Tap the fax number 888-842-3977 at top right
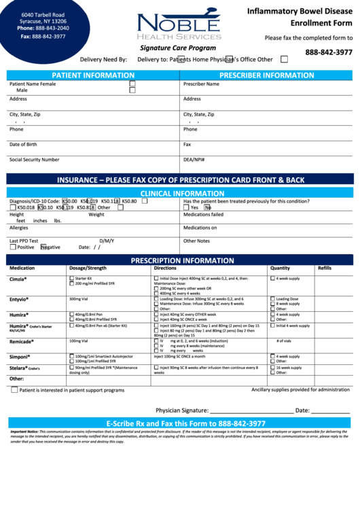pyautogui.click(x=329, y=52)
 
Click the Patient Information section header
pyautogui.click(x=93, y=75)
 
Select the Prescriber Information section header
pyautogui.click(x=266, y=75)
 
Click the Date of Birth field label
pyautogui.click(x=23, y=144)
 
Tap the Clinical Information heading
pyautogui.click(x=182, y=194)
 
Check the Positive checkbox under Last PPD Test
pyautogui.click(x=13, y=247)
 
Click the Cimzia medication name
pyautogui.click(x=18, y=279)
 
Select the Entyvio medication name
pyautogui.click(x=19, y=299)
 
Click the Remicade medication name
pyautogui.click(x=21, y=341)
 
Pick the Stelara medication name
pyautogui.click(x=18, y=368)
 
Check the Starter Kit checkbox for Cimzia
pyautogui.click(x=71, y=279)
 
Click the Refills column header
pyautogui.click(x=325, y=268)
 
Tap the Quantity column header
pyautogui.click(x=280, y=268)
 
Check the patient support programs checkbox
pyautogui.click(x=14, y=390)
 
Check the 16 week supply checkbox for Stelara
pyautogui.click(x=273, y=368)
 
